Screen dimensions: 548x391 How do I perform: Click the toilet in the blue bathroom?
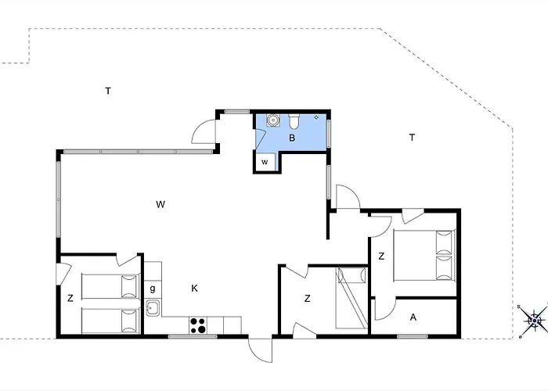(x=294, y=120)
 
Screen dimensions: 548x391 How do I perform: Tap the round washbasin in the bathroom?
(x=272, y=120)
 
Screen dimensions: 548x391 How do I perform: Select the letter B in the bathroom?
(x=292, y=138)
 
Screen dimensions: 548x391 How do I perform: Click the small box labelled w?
(x=265, y=163)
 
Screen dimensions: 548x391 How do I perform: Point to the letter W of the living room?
(x=160, y=204)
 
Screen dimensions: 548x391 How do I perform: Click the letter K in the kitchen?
(x=195, y=289)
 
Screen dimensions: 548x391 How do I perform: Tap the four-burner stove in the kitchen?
(x=198, y=325)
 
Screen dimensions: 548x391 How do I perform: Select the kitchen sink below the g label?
(x=153, y=308)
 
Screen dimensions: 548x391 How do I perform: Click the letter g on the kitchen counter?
(x=153, y=289)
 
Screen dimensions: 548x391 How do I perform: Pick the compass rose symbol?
(x=535, y=321)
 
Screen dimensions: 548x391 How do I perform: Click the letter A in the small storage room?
(x=413, y=317)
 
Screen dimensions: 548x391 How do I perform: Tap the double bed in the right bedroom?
(x=424, y=255)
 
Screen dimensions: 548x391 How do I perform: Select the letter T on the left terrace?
(x=108, y=91)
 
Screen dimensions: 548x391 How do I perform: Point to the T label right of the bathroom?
(x=412, y=138)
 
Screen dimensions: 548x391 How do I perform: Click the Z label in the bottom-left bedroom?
(x=70, y=299)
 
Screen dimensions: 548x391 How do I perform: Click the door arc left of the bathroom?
(x=204, y=131)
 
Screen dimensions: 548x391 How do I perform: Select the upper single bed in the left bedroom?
(x=110, y=286)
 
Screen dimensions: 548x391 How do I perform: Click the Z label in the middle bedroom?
(x=307, y=299)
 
